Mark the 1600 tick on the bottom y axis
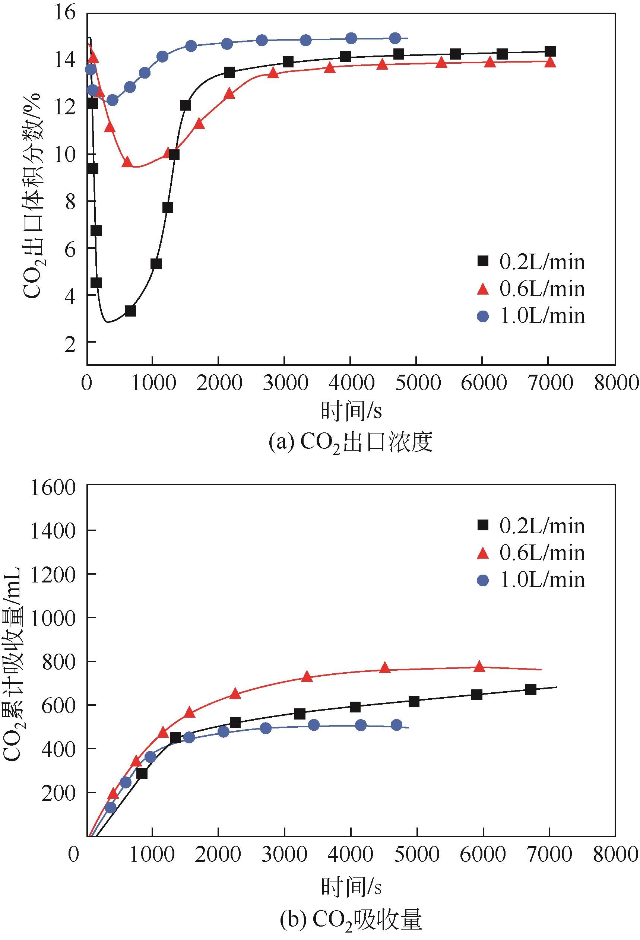pos(53,489)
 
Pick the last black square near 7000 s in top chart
pos(550,51)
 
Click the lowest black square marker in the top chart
pos(130,311)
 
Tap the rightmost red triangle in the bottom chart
pos(479,666)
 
